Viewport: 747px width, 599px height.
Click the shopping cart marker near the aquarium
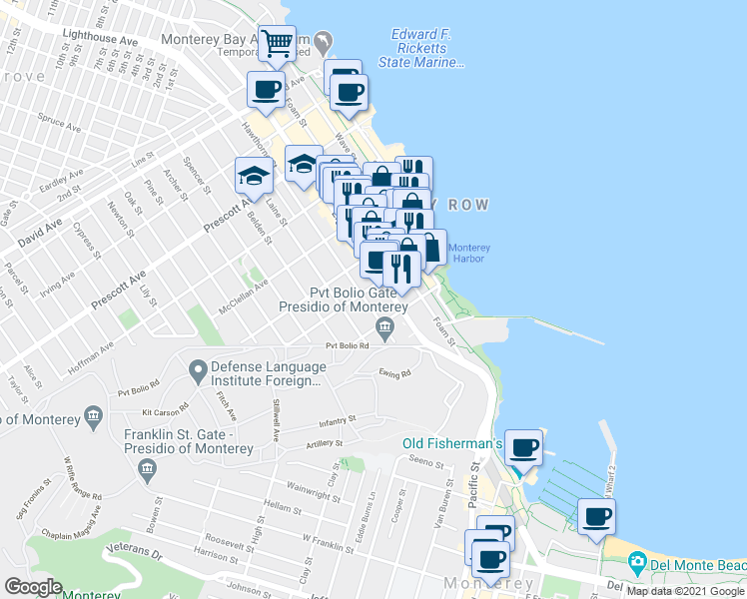[x=277, y=44]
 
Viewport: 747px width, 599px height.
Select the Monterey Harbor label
[x=466, y=254]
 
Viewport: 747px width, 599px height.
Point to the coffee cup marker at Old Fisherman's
[x=524, y=447]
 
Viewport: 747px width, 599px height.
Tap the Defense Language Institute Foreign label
[x=267, y=372]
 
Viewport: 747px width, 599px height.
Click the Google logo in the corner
[x=34, y=587]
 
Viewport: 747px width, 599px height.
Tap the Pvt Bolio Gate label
[x=352, y=293]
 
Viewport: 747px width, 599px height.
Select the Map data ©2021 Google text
[x=684, y=590]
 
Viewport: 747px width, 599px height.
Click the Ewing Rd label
[x=394, y=374]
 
